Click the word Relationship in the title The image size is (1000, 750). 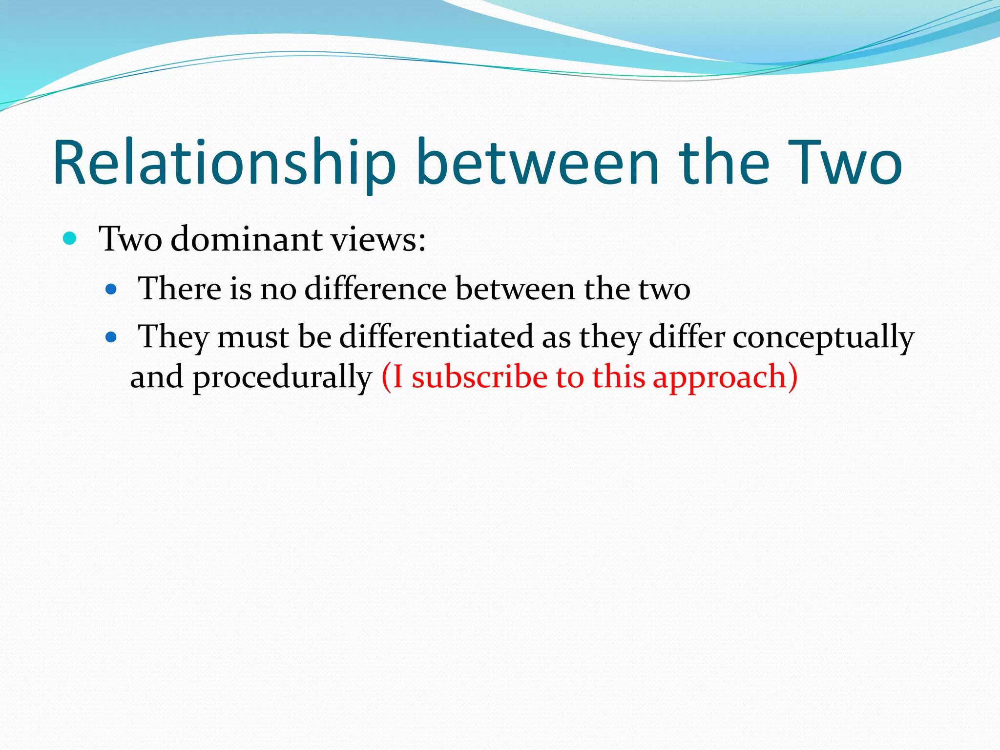coord(224,164)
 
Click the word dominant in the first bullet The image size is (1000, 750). coord(247,239)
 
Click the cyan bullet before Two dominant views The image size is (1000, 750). coord(70,239)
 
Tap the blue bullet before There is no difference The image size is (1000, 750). coord(111,290)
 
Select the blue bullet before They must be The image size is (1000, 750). coord(111,337)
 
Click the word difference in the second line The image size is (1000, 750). coord(375,288)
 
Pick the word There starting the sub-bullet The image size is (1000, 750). coord(179,288)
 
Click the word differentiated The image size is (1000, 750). coord(436,336)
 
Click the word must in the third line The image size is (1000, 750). coord(253,337)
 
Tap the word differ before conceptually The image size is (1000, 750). coord(687,336)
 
